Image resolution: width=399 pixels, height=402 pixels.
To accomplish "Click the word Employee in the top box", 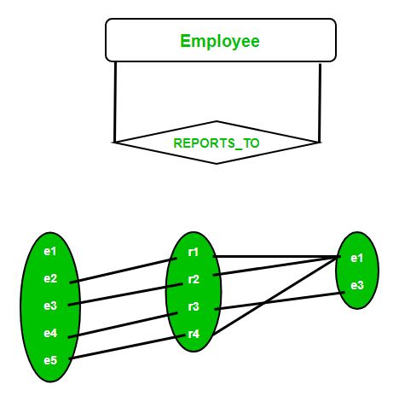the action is point(220,42).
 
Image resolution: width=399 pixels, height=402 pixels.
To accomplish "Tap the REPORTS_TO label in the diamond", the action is point(217,143).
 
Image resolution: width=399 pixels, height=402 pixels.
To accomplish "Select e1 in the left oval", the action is point(50,252).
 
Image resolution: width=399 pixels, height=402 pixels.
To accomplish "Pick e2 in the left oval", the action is point(50,278).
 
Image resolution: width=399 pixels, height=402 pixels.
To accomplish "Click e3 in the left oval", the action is point(50,306).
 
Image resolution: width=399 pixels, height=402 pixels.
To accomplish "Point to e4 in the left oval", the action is point(50,333).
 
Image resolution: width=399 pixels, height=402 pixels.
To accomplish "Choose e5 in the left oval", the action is point(50,360).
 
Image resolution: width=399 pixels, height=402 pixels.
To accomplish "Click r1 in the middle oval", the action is point(194,252).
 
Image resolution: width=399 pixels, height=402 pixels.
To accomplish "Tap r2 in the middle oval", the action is point(194,279).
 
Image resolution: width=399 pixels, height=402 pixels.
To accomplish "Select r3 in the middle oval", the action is point(194,306).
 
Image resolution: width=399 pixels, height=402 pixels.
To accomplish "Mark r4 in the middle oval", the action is point(194,334).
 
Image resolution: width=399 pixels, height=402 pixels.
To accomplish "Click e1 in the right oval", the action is point(357,258).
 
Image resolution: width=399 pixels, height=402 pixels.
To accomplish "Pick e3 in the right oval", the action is point(357,285).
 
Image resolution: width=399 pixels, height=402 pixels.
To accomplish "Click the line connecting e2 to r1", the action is point(124,271).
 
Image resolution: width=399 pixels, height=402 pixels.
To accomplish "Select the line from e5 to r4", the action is point(127,347).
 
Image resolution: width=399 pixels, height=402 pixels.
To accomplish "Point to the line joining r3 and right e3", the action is point(280,300).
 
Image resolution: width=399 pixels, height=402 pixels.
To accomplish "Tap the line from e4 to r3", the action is point(123,325).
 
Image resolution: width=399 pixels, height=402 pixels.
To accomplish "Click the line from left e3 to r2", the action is point(125,294).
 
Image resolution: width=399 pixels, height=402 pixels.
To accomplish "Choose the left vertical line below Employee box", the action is point(115,102).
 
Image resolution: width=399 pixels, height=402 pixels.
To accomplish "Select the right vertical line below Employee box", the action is point(320,103).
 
